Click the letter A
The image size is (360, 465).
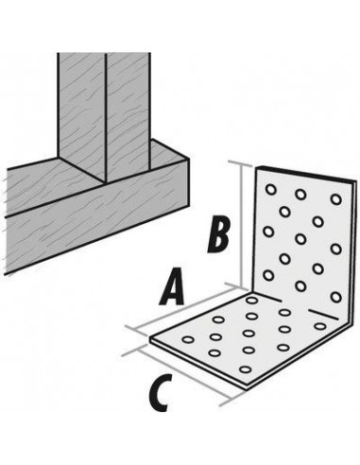(171, 286)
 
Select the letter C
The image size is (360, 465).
(161, 391)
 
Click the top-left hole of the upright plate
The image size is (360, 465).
(271, 189)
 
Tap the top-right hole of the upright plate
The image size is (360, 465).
(334, 201)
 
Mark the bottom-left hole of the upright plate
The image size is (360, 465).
(267, 275)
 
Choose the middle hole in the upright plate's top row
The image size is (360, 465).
(301, 195)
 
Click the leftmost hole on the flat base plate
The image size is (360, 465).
(189, 338)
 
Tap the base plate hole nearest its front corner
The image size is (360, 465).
(249, 370)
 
